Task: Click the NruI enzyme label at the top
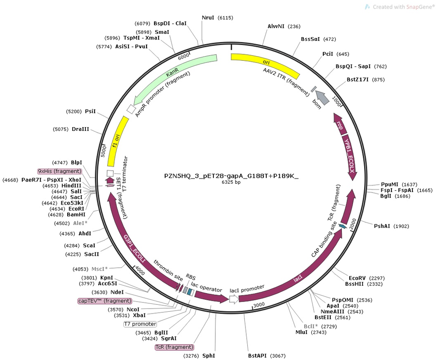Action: coord(208,18)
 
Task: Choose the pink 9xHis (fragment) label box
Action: coord(60,171)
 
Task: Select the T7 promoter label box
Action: coord(140,324)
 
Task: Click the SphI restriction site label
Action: coord(209,356)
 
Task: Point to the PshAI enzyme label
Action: coord(383,226)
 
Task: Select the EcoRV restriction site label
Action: coord(357,278)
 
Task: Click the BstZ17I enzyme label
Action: coord(358,79)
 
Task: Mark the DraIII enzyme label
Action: coord(80,129)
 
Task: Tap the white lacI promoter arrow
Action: coord(234,299)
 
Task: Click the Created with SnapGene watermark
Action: coord(397,7)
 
